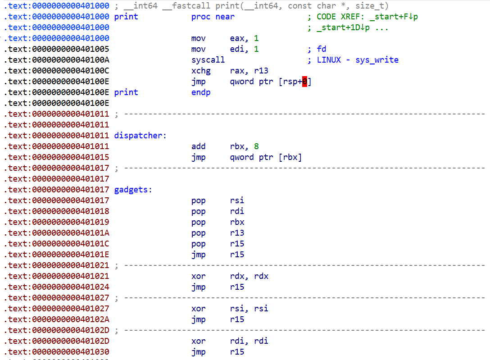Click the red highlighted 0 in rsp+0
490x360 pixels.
point(304,82)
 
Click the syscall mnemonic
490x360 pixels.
point(208,60)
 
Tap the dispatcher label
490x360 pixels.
point(140,136)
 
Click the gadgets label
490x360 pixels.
point(133,190)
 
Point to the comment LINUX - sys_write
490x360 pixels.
point(357,60)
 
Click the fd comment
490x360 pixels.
point(321,49)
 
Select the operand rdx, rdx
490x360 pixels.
point(249,276)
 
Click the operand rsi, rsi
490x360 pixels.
point(249,309)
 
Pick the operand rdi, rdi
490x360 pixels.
point(249,341)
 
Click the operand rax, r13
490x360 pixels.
point(249,71)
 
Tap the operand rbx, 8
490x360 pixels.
point(244,146)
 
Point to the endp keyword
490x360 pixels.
point(201,92)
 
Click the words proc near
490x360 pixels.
point(213,17)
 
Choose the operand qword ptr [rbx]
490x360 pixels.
point(266,157)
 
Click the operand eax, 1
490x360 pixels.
point(244,38)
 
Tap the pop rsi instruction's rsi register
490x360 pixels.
point(237,201)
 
